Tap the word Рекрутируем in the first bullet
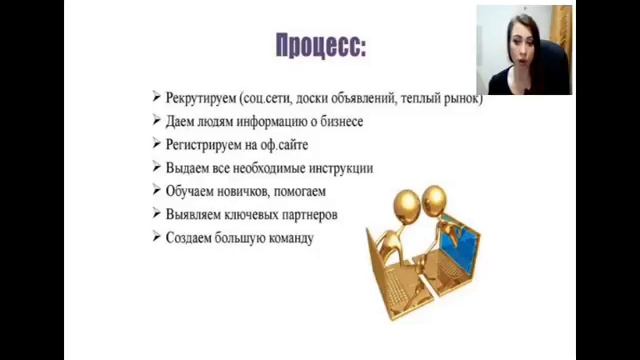(200, 98)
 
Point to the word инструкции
(342, 168)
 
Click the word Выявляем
(195, 214)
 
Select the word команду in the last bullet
(285, 238)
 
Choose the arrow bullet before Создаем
(157, 237)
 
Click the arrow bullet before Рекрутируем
(157, 97)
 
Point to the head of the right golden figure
(436, 194)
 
